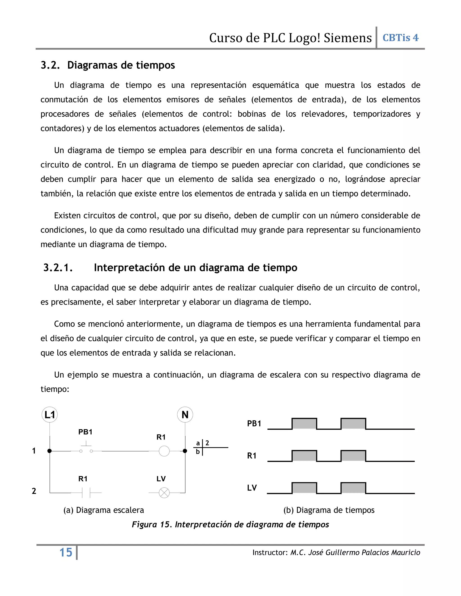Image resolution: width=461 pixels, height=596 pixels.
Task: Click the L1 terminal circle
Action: (x=50, y=415)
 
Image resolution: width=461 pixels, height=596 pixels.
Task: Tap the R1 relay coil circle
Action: (x=164, y=451)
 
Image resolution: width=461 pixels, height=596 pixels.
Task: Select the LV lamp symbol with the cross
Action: (x=164, y=493)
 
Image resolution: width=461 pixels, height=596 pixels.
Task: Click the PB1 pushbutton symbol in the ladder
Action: (x=86, y=449)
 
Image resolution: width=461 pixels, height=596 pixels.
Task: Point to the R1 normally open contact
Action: (x=86, y=493)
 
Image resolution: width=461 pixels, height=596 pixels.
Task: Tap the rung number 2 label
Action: (x=34, y=491)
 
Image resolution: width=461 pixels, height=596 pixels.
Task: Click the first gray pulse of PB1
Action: (x=304, y=424)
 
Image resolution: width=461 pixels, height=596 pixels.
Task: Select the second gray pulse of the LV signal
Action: (x=353, y=488)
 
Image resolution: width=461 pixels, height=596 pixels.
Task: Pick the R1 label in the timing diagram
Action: (x=252, y=456)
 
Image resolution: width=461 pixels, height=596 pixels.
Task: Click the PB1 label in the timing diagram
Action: (x=254, y=423)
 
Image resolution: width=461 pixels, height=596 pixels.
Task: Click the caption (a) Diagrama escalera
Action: (x=104, y=510)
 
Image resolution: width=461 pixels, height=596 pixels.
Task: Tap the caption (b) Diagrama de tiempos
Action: (x=329, y=510)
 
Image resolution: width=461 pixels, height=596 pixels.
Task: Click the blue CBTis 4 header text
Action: (x=400, y=38)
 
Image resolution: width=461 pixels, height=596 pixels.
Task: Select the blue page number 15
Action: (x=66, y=553)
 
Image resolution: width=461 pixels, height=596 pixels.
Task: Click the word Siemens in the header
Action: (x=348, y=38)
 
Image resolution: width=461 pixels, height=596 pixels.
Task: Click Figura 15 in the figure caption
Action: (x=151, y=524)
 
